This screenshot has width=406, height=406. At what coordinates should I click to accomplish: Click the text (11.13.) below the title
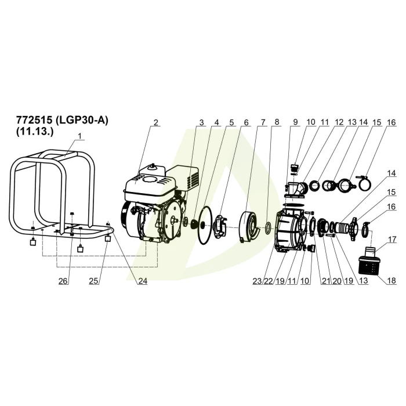pyautogui.click(x=35, y=132)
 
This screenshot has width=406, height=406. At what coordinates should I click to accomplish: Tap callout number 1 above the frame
pyautogui.click(x=80, y=136)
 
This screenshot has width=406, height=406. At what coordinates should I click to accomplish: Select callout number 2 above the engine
pyautogui.click(x=155, y=122)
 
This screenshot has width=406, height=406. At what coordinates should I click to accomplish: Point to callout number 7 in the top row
pyautogui.click(x=263, y=122)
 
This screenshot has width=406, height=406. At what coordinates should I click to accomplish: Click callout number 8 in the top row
pyautogui.click(x=277, y=122)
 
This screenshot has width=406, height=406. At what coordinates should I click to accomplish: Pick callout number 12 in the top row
pyautogui.click(x=339, y=122)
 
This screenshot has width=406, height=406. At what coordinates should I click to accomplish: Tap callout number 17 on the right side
pyautogui.click(x=392, y=240)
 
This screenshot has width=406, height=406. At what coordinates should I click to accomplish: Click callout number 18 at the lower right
pyautogui.click(x=391, y=280)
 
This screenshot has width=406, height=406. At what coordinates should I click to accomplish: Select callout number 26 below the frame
pyautogui.click(x=63, y=281)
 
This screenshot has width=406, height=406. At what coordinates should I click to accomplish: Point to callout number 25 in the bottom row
pyautogui.click(x=94, y=281)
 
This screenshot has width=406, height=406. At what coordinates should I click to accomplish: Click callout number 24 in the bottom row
pyautogui.click(x=143, y=281)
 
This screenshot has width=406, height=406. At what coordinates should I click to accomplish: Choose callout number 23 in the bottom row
pyautogui.click(x=258, y=281)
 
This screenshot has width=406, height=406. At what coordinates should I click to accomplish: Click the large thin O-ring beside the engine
pyautogui.click(x=206, y=224)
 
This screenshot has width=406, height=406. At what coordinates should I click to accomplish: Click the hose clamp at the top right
pyautogui.click(x=364, y=183)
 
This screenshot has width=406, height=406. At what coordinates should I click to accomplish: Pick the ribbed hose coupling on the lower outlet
pyautogui.click(x=342, y=227)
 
